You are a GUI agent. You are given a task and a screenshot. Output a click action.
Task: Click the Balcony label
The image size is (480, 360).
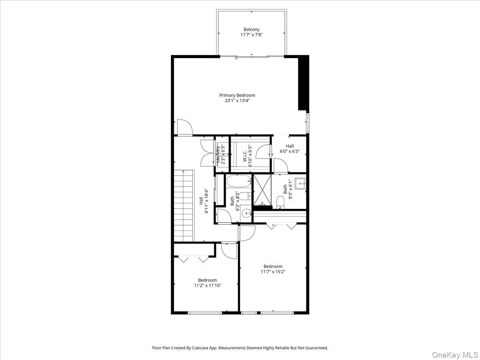coord(252,29)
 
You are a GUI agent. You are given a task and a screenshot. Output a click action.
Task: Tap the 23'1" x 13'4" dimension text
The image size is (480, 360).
coord(237,101)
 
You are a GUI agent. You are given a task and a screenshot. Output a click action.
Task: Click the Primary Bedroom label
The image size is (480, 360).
coord(237,95)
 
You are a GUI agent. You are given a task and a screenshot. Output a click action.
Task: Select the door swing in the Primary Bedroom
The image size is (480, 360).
coord(185,127)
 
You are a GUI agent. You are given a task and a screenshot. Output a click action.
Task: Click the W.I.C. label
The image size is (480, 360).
coord(245,155)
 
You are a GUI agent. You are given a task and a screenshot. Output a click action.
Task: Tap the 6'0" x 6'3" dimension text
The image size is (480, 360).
coord(290,152)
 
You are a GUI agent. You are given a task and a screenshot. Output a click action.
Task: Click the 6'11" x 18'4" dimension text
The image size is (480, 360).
coord(207,201)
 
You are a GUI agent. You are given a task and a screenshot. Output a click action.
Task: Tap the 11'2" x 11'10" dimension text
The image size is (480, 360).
coord(208,286)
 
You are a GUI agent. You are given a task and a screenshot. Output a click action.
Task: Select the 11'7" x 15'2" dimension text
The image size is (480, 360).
coord(273,272)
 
